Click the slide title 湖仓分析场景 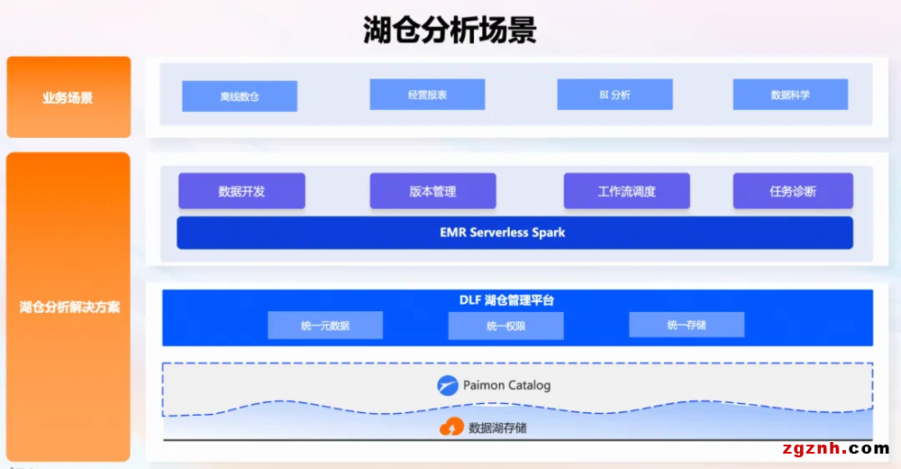coord(450,30)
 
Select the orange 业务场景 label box coord(68,97)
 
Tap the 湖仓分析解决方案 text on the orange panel coord(69,307)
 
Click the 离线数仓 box coord(240,97)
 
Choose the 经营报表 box coord(427,95)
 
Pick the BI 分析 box coord(614,95)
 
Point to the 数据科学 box coord(790,95)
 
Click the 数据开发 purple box coord(241,191)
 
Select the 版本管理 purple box coord(432,191)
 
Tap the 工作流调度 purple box coord(626,191)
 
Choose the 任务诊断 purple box coord(793,191)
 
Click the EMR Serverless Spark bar coord(514,233)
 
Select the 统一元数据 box coord(325,326)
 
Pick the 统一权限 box coord(505,326)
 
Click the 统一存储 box coord(687,325)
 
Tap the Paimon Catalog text coord(506,385)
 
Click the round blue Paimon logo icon coord(448,385)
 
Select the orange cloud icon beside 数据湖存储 coord(451,428)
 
